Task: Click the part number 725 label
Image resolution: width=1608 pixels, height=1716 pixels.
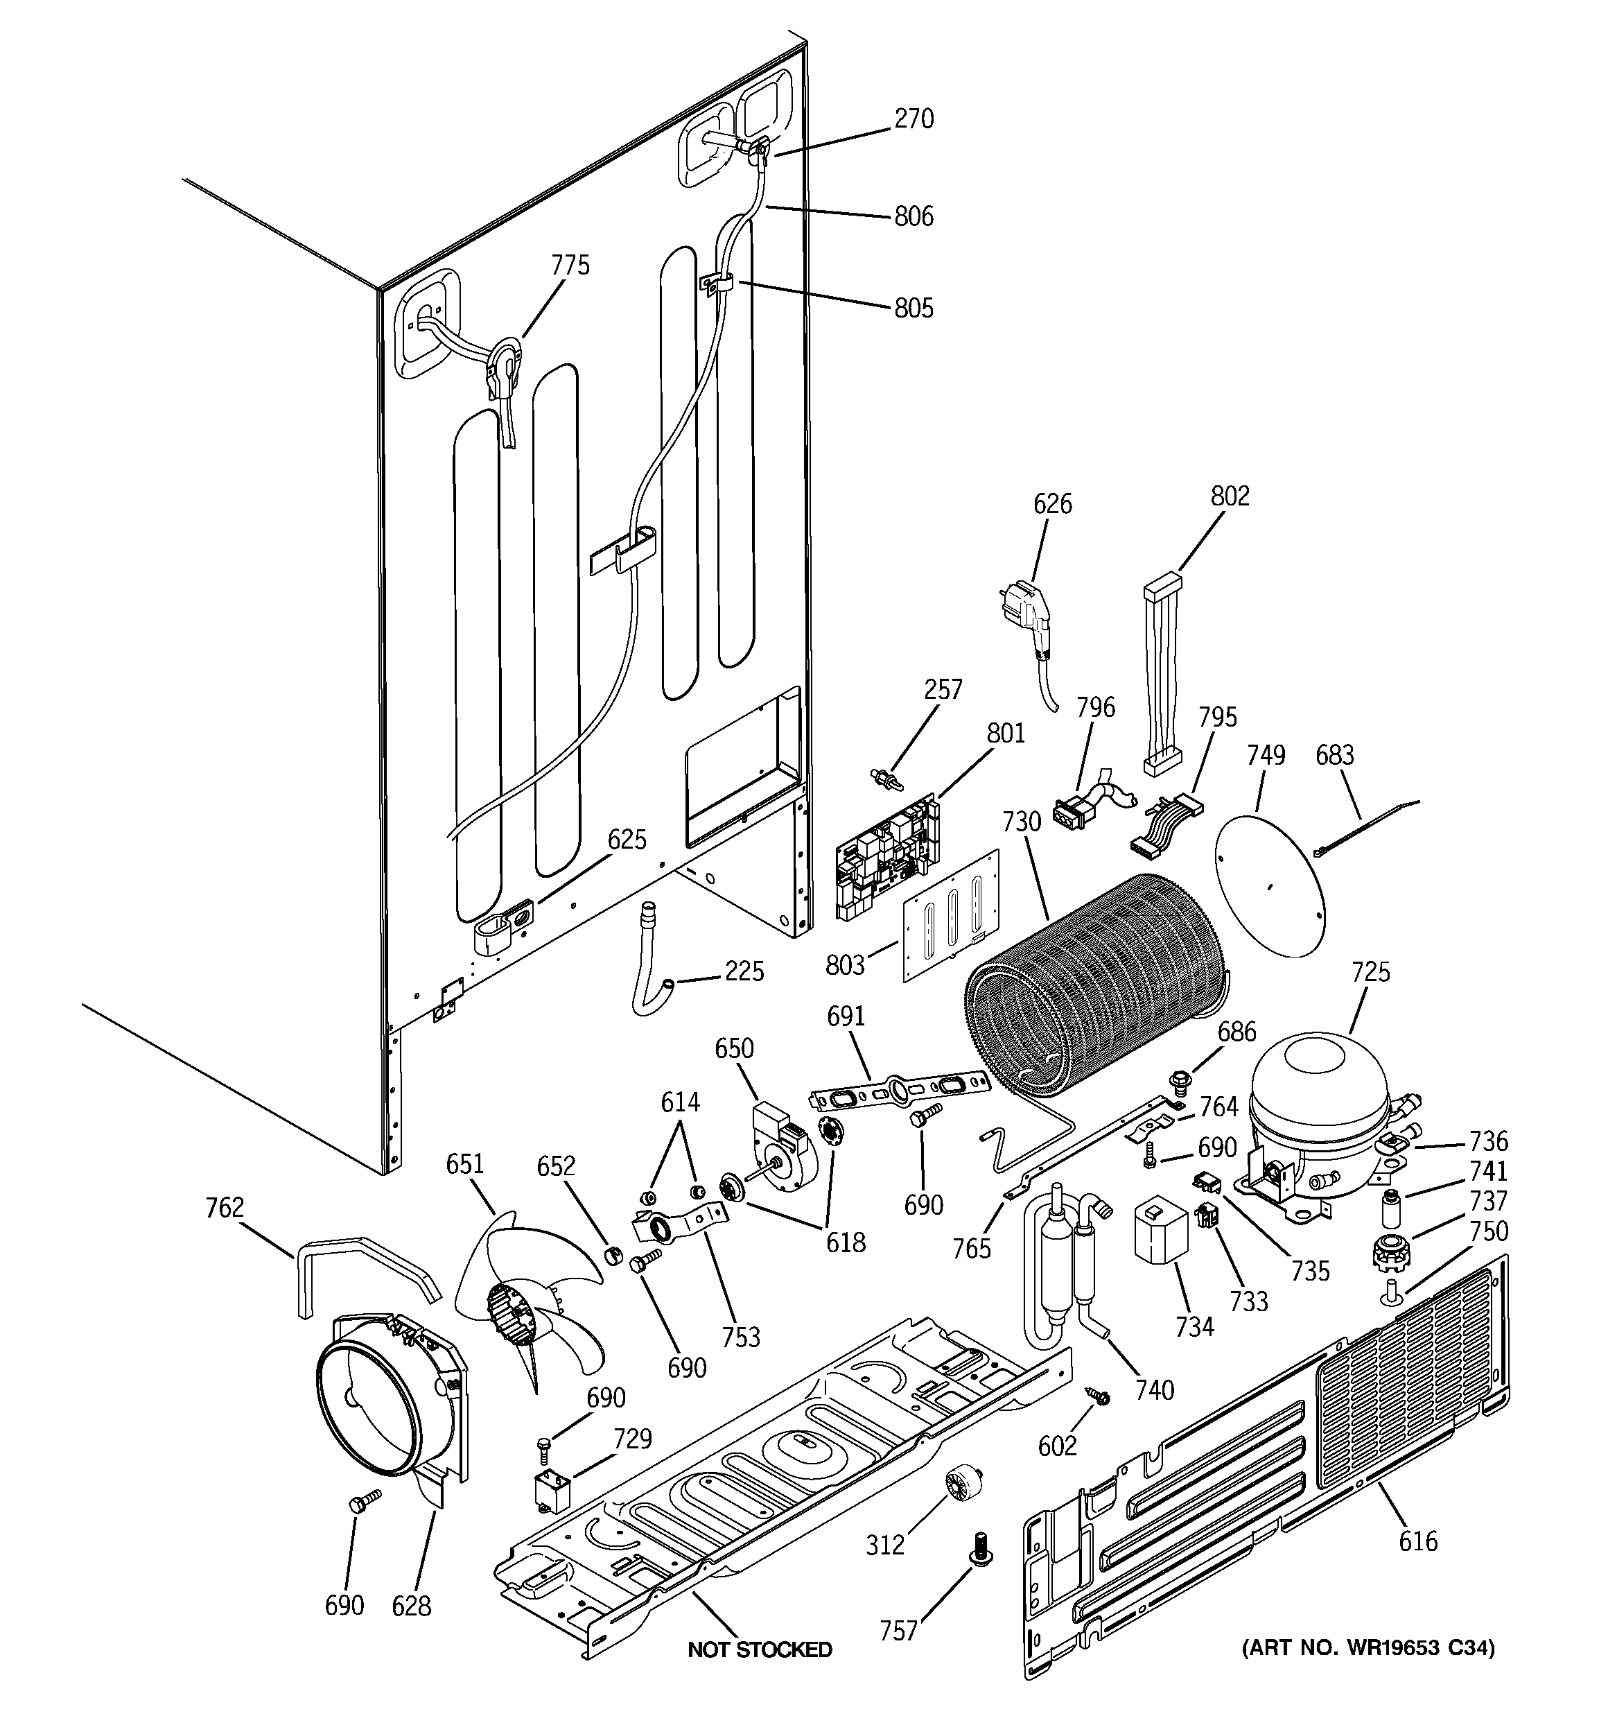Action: (x=1371, y=972)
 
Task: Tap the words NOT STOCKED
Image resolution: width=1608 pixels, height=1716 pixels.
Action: (x=760, y=1649)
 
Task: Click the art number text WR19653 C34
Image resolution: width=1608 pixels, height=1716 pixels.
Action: (x=1368, y=1648)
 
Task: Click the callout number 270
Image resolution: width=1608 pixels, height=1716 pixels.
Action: (x=914, y=119)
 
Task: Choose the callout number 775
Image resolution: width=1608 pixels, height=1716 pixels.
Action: (x=570, y=265)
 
